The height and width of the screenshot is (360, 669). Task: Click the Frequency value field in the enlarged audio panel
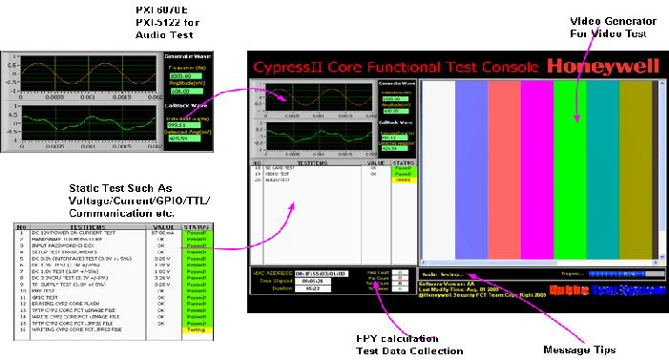coord(179,74)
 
